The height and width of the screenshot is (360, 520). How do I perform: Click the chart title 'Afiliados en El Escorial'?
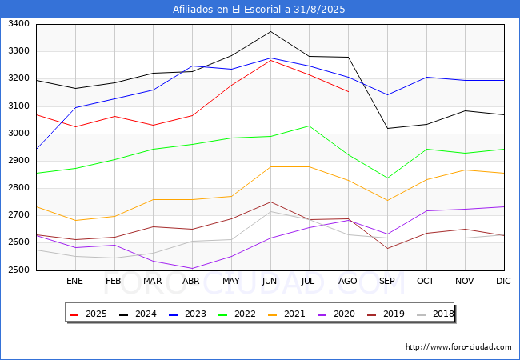259,10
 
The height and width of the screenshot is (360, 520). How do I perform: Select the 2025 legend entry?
90,314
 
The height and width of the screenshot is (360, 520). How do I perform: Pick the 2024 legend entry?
138,314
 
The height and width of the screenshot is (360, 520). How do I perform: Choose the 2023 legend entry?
186,314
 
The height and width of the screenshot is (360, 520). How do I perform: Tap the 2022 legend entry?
234,314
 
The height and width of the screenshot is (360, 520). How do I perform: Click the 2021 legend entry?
282,314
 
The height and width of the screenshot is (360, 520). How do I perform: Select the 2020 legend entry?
330,314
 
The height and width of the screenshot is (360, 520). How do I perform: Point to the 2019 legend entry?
378,314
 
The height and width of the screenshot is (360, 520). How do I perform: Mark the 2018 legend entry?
426,314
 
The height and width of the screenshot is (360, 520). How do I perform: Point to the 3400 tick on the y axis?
18,24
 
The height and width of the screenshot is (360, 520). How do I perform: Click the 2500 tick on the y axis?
18,270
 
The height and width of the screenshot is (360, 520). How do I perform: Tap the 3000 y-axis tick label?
18,134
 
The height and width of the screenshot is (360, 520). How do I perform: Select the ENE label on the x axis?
74,281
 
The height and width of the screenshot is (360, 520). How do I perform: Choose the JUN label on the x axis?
270,281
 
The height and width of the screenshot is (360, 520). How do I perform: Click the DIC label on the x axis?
503,281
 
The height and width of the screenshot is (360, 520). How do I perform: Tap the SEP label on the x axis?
386,281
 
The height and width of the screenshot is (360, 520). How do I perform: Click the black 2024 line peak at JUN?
270,31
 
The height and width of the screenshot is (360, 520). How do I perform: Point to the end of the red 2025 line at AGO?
348,92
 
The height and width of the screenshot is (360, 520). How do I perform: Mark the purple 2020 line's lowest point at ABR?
192,269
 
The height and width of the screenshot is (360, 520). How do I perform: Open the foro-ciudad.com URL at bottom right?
458,347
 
